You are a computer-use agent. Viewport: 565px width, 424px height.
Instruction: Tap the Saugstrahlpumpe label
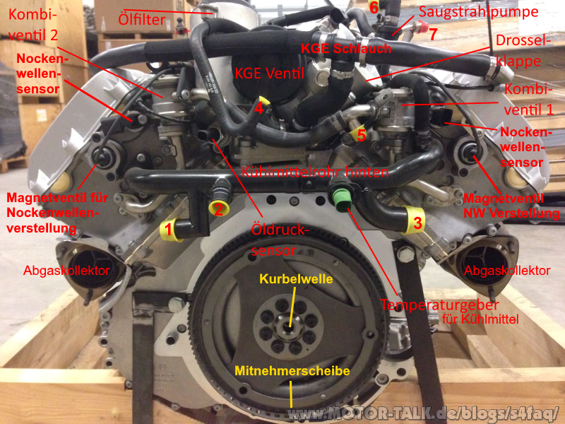coord(477,13)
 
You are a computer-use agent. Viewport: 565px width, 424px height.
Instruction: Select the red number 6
coord(374,8)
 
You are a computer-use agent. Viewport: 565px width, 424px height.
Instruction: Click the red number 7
coord(433,33)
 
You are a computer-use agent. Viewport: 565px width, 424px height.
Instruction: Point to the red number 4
coord(259,108)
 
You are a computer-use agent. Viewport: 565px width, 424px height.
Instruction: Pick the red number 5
coord(361,134)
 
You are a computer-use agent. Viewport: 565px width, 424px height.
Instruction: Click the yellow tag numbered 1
coord(169,228)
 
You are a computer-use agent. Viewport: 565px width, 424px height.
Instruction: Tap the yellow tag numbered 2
coord(219,208)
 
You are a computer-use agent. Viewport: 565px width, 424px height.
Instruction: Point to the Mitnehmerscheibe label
coord(292,370)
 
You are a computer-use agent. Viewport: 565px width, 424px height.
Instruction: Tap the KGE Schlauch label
coord(336,48)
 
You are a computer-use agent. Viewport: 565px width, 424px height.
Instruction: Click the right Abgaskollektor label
coord(506,270)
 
